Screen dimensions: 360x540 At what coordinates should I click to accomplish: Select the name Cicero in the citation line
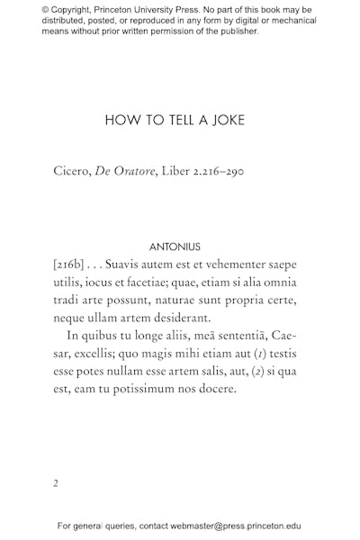pyautogui.click(x=70, y=170)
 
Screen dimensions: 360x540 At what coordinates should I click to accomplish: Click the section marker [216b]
pyautogui.click(x=69, y=265)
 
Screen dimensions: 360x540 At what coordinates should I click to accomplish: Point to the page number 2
pyautogui.click(x=56, y=482)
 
